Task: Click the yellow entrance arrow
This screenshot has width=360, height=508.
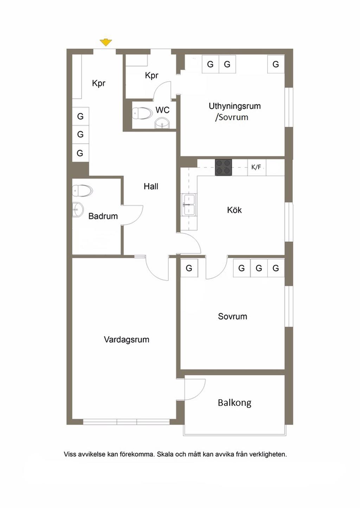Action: [105, 43]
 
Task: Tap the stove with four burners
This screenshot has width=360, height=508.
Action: [223, 167]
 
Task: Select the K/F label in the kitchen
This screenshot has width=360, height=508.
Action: [256, 167]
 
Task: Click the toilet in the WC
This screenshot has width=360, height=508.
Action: [142, 113]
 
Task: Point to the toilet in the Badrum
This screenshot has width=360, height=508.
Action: [83, 191]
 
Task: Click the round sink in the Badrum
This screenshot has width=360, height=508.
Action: [77, 210]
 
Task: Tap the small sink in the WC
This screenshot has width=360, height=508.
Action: [162, 124]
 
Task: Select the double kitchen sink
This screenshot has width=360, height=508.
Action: [189, 205]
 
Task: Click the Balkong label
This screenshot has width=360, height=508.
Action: [234, 402]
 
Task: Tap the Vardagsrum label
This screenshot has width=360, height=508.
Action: [127, 339]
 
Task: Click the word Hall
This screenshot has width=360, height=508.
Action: [151, 186]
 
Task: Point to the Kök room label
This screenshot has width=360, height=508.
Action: [234, 210]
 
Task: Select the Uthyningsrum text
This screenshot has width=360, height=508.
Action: [234, 106]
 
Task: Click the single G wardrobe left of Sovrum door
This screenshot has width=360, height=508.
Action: [189, 268]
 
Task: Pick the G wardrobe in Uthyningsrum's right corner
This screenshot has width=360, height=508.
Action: [276, 64]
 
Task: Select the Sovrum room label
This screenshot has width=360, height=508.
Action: [232, 316]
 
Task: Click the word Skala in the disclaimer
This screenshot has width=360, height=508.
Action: [165, 454]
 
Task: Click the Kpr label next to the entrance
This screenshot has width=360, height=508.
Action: [98, 83]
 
